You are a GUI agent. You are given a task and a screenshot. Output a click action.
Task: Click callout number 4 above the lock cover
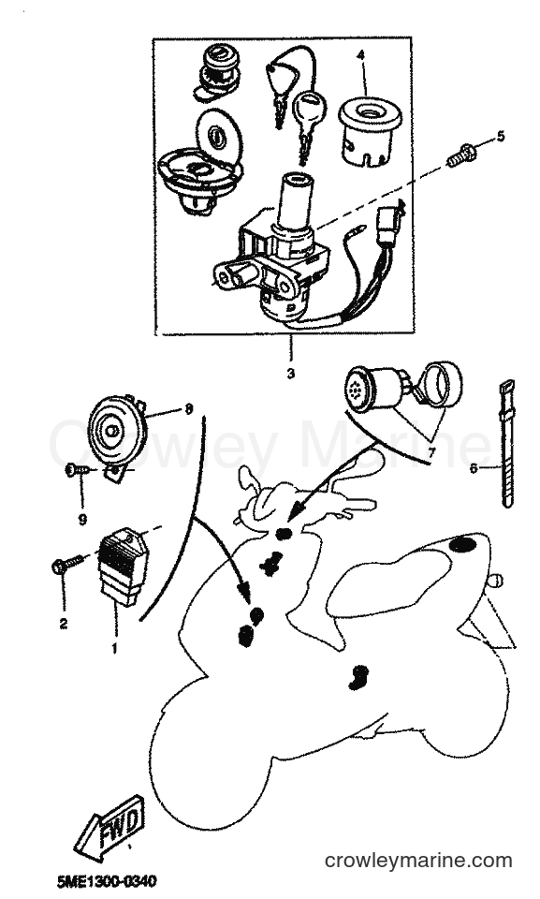click(360, 55)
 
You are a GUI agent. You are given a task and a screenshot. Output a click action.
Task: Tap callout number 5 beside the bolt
click(501, 137)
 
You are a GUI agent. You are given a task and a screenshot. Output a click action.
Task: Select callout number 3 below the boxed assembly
click(291, 374)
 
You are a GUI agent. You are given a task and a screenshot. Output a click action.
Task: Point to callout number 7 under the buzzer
click(431, 452)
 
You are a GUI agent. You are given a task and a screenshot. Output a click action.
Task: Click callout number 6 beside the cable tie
click(474, 468)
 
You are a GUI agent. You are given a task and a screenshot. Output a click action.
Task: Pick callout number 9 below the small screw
click(82, 520)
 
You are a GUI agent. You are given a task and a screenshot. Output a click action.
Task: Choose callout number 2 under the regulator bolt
click(64, 624)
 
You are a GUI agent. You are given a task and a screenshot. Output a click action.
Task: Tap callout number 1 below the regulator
click(114, 648)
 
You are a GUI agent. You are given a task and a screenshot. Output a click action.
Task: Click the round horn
click(117, 425)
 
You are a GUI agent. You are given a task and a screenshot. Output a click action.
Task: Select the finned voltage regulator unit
click(121, 566)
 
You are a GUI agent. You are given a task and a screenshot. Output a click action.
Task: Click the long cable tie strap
click(506, 444)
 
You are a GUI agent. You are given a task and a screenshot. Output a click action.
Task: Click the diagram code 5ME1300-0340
click(107, 881)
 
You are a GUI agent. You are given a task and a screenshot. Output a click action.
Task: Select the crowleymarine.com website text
click(418, 860)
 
